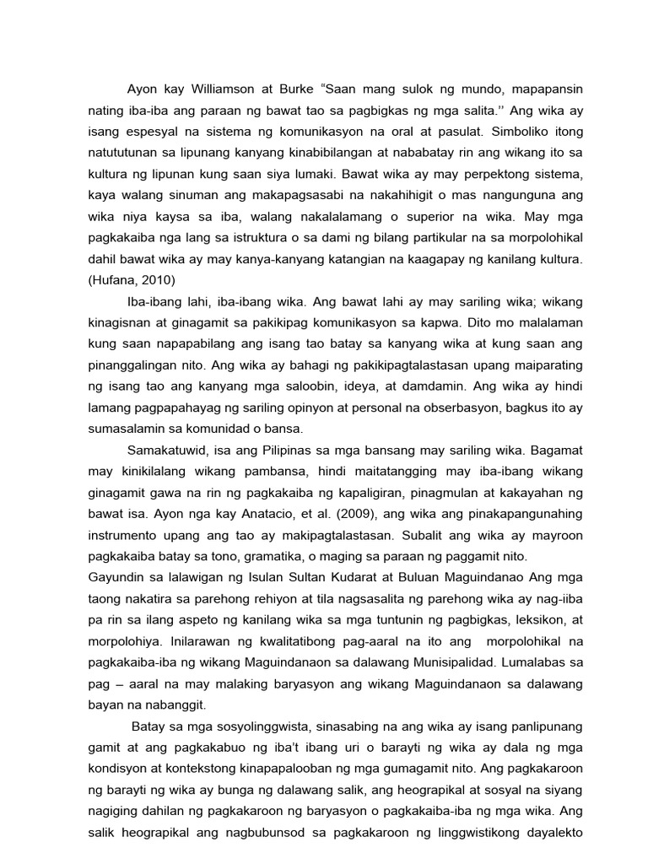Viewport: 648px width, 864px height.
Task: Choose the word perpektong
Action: pyautogui.click(x=455, y=175)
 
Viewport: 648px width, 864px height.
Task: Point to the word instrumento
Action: pyautogui.click(x=129, y=536)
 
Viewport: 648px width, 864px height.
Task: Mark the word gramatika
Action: pyautogui.click(x=270, y=557)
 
